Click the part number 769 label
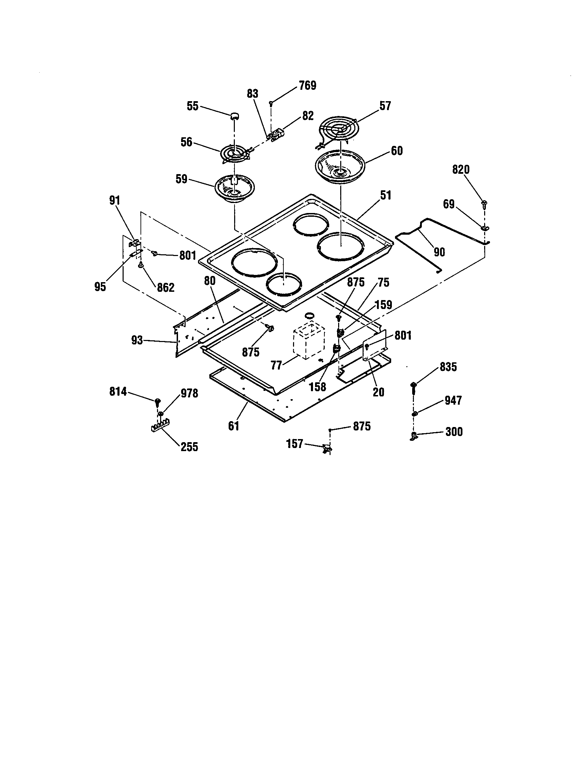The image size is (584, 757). [x=307, y=86]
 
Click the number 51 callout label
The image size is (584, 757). [x=385, y=195]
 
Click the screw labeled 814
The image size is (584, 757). [x=158, y=402]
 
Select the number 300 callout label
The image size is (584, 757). [x=454, y=432]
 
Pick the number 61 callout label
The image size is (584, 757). [x=233, y=426]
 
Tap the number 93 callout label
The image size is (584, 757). [x=137, y=340]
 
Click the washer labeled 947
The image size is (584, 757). [x=415, y=413]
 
